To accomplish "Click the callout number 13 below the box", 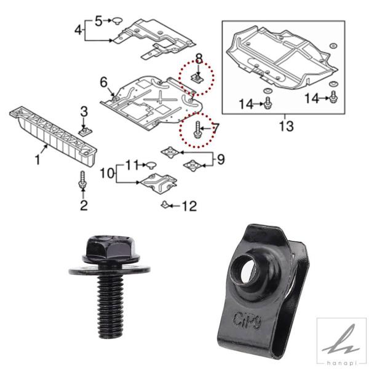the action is [x=286, y=126].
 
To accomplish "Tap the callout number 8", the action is [x=199, y=59].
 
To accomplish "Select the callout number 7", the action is [x=215, y=129].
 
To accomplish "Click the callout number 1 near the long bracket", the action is [x=38, y=160].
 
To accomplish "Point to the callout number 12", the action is [x=189, y=206].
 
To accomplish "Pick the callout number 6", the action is [x=103, y=82].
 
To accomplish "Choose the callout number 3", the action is [x=84, y=112].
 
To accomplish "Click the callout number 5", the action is [x=99, y=22].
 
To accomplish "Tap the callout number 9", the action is [x=221, y=159].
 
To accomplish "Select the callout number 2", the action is [x=84, y=205].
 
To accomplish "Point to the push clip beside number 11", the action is [x=151, y=165].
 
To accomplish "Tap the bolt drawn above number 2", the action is [x=82, y=180].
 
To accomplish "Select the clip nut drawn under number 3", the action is [x=85, y=132].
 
